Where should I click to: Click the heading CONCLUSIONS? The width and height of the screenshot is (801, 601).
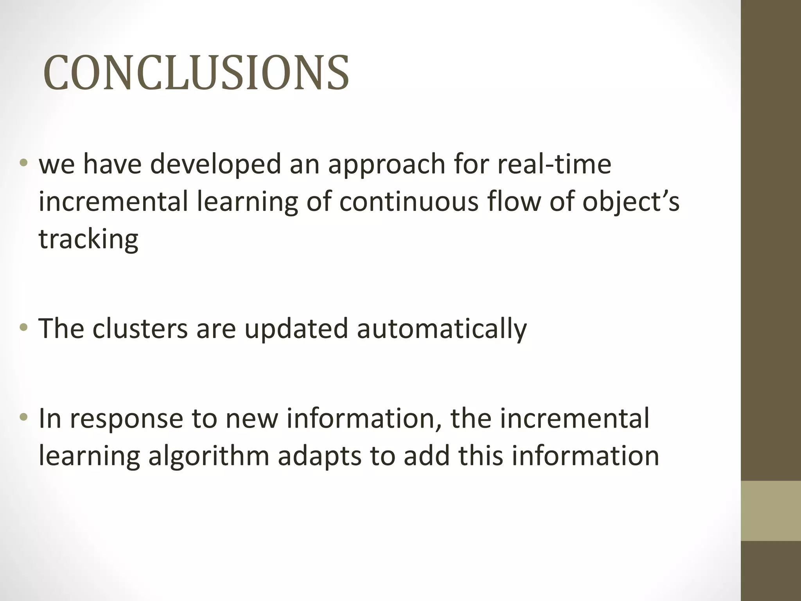click(196, 73)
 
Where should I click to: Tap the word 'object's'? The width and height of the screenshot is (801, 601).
click(630, 203)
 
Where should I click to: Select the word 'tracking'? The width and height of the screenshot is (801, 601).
click(88, 239)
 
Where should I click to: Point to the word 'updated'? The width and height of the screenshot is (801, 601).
click(296, 329)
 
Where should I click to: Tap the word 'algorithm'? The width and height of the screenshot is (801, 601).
click(209, 456)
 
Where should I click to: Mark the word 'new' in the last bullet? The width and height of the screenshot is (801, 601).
click(251, 419)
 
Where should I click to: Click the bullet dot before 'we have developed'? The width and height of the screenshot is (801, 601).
click(24, 163)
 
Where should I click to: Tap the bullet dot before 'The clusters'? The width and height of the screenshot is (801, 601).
click(24, 327)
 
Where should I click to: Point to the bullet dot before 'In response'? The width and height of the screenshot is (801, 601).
click(24, 417)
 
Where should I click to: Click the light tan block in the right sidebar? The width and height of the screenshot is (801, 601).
click(771, 511)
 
